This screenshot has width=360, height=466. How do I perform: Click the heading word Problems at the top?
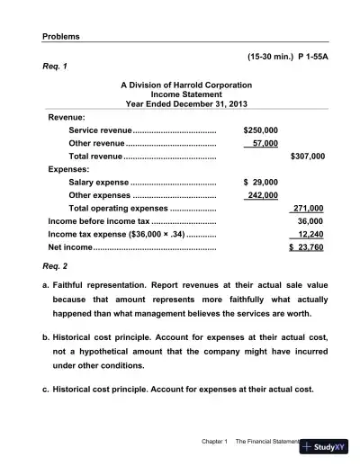[61, 36]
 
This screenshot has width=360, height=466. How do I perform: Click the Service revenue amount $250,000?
[261, 130]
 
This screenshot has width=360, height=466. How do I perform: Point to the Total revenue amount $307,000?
[308, 156]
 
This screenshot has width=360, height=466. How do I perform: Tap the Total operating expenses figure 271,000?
[308, 208]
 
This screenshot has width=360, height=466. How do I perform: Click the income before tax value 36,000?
[310, 220]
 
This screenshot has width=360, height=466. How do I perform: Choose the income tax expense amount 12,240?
[310, 233]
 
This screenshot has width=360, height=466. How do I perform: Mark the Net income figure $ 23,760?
[306, 246]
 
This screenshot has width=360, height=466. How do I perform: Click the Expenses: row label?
[67, 168]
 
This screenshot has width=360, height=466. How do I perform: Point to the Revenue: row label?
[67, 117]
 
